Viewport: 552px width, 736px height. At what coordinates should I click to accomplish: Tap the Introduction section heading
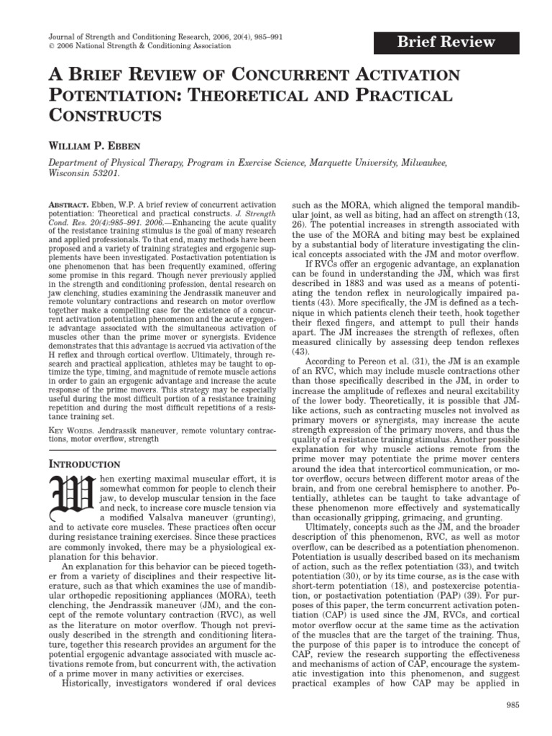[91, 464]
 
